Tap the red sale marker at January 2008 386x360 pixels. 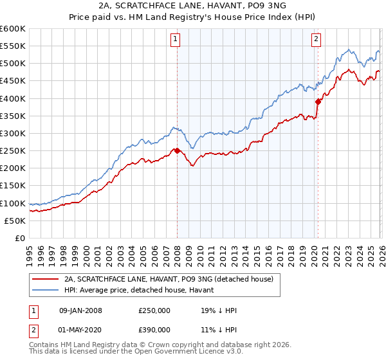point(177,151)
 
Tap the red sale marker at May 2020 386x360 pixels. point(318,102)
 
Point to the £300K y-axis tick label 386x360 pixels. point(12,133)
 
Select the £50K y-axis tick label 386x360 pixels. point(15,221)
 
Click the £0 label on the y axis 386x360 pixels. point(20,238)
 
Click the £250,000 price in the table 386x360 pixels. point(154,310)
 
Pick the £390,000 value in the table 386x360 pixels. point(154,332)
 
